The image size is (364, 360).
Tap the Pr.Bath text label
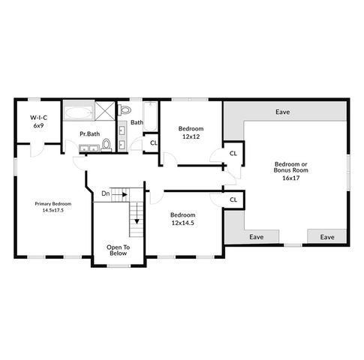pyautogui.click(x=90, y=134)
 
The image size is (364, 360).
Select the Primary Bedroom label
pyautogui.click(x=53, y=204)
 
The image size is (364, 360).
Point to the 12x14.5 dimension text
pyautogui.click(x=182, y=223)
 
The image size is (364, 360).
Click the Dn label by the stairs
pyautogui.click(x=106, y=193)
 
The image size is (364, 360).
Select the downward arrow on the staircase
pyautogui.click(x=137, y=220)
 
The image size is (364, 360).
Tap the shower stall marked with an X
pyautogui.click(x=106, y=113)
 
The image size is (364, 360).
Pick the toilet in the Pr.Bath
pyautogui.click(x=107, y=144)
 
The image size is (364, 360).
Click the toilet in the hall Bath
pyautogui.click(x=125, y=112)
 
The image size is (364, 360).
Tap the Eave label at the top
pyautogui.click(x=282, y=112)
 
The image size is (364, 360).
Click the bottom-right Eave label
pyautogui.click(x=327, y=237)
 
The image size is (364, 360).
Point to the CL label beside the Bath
pyautogui.click(x=153, y=142)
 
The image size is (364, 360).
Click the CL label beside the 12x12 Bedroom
pyautogui.click(x=233, y=154)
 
